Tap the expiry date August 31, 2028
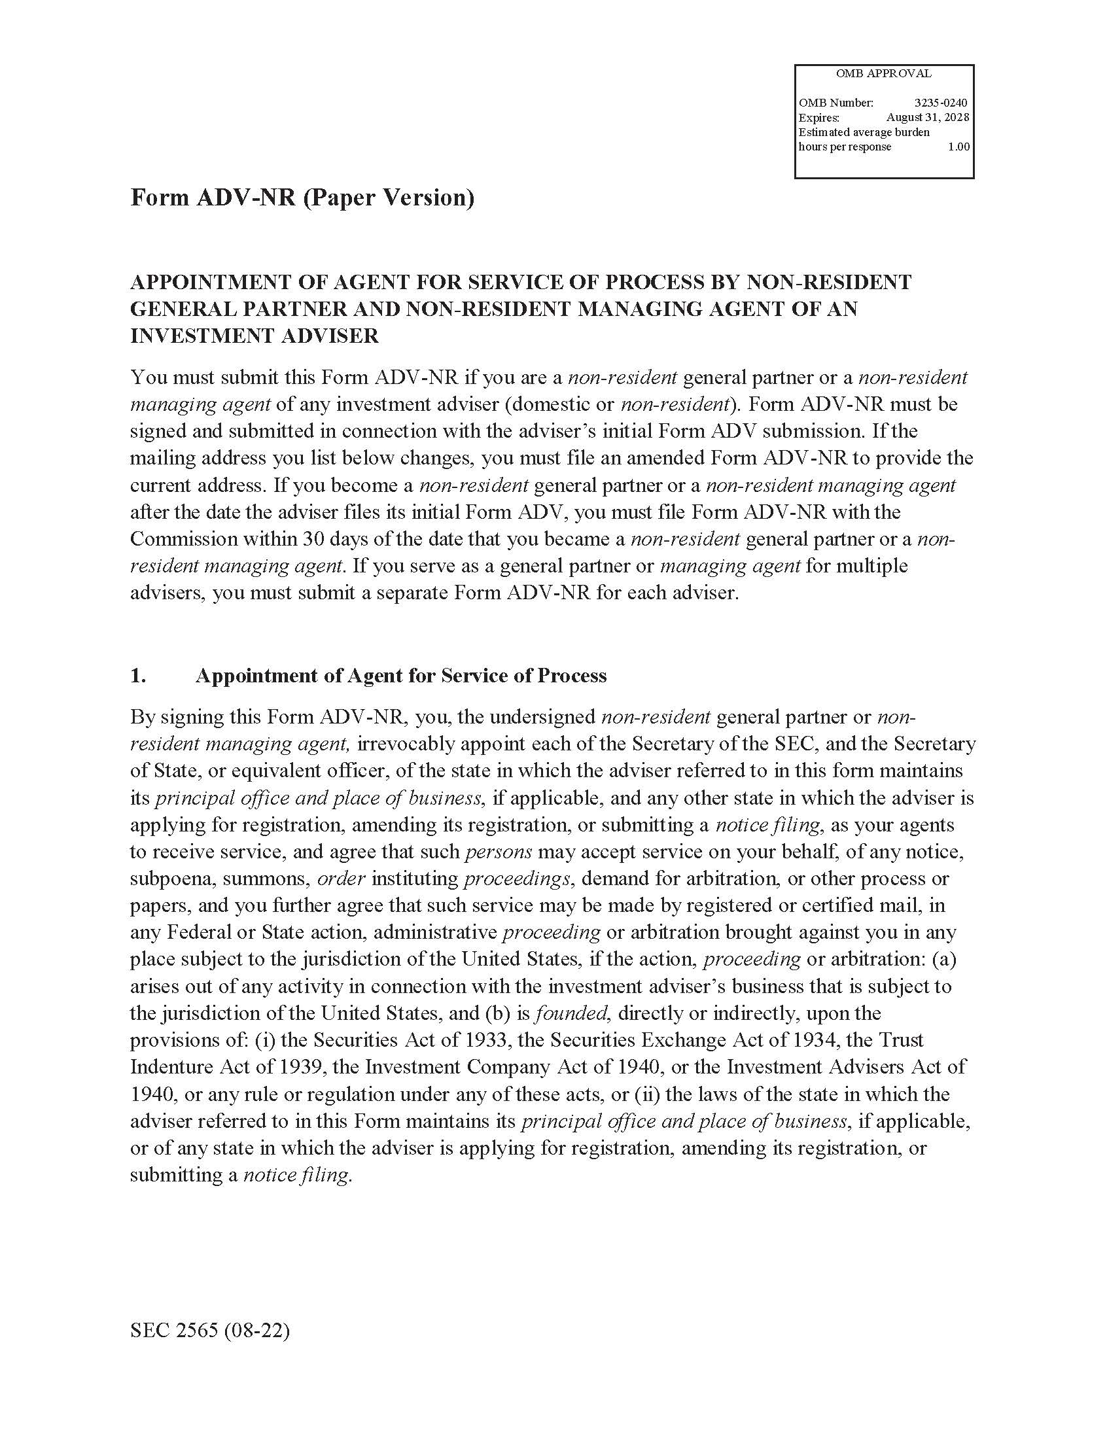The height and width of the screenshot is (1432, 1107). (x=926, y=117)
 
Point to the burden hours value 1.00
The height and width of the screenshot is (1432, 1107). (x=958, y=147)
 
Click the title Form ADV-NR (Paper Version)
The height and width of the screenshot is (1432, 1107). (x=302, y=198)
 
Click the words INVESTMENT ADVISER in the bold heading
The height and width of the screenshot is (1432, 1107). (x=255, y=336)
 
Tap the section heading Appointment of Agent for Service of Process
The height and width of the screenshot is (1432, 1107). (x=400, y=675)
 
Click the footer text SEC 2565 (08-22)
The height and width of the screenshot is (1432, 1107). (x=210, y=1331)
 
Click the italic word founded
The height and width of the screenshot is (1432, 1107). (x=571, y=1013)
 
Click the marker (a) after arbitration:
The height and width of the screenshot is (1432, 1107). (x=944, y=959)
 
